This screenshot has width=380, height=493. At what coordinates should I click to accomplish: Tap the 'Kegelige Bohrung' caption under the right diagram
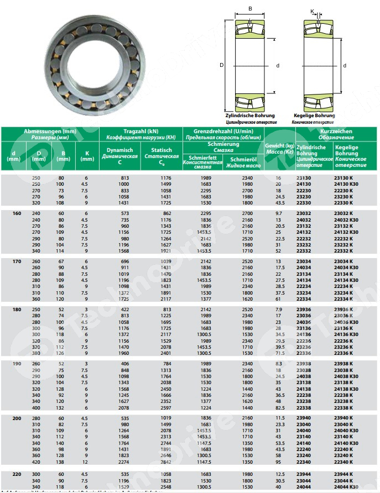314,116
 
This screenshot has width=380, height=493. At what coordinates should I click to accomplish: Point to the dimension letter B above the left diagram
250,8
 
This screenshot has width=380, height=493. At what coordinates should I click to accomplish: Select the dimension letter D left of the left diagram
221,65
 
